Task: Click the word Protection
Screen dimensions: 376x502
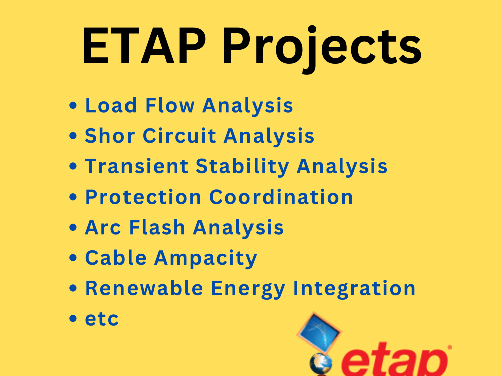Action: point(144,197)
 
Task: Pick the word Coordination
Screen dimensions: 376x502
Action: point(281,197)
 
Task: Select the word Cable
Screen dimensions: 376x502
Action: point(116,258)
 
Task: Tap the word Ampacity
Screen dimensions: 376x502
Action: point(205,259)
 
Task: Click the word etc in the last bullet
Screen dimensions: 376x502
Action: point(102,319)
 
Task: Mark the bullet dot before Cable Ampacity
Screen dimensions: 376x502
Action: point(74,259)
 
